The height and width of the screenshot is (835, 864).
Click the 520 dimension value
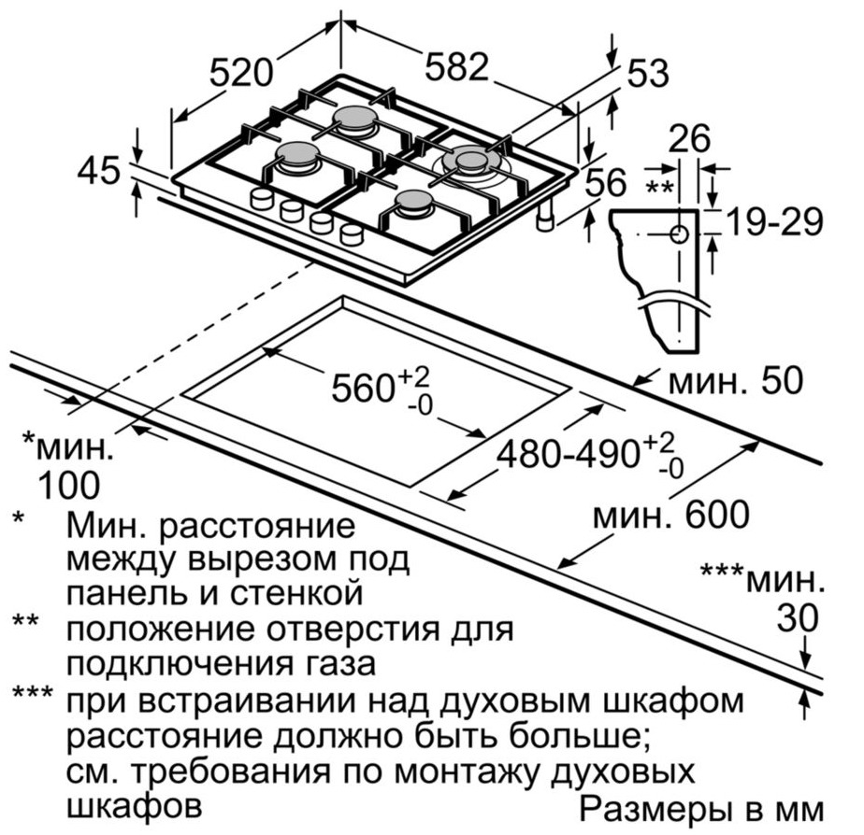(x=241, y=73)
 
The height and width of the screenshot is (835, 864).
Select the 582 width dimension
(x=457, y=66)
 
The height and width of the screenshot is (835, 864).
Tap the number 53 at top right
(x=649, y=73)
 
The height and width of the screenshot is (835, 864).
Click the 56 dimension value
(x=606, y=182)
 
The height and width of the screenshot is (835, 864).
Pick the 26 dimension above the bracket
(x=689, y=139)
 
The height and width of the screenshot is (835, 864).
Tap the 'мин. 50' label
(x=736, y=380)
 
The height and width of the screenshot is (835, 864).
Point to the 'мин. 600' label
(x=671, y=515)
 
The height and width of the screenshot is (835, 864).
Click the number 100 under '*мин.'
(x=69, y=485)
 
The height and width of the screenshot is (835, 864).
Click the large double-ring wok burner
(x=471, y=163)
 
